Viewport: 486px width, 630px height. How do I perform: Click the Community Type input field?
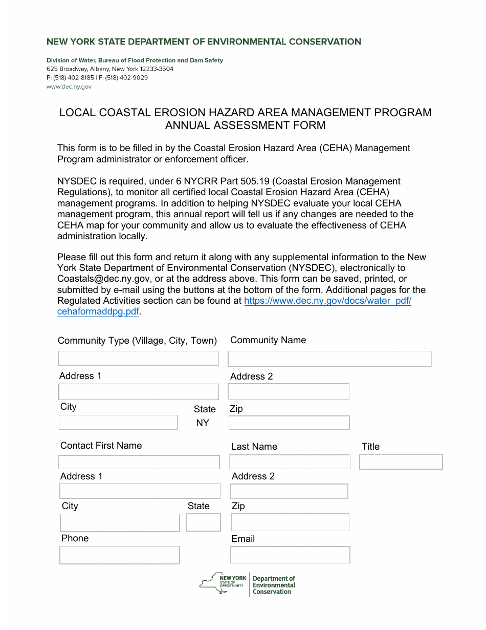[138, 358]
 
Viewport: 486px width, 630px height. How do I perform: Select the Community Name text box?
[329, 359]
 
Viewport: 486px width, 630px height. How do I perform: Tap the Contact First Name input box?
[139, 462]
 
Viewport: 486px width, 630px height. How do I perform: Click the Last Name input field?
[290, 462]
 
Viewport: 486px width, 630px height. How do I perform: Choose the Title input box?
[401, 462]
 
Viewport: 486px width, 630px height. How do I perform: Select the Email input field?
[290, 555]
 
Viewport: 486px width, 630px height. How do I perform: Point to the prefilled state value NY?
[203, 423]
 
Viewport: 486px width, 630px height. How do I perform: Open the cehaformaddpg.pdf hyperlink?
[98, 311]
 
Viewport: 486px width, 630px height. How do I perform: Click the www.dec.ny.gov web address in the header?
[69, 87]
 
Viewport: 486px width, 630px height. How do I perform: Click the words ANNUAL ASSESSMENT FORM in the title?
[245, 125]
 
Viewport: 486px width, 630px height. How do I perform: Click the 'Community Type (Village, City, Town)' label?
[137, 341]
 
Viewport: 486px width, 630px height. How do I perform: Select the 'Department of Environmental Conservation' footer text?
[274, 585]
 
